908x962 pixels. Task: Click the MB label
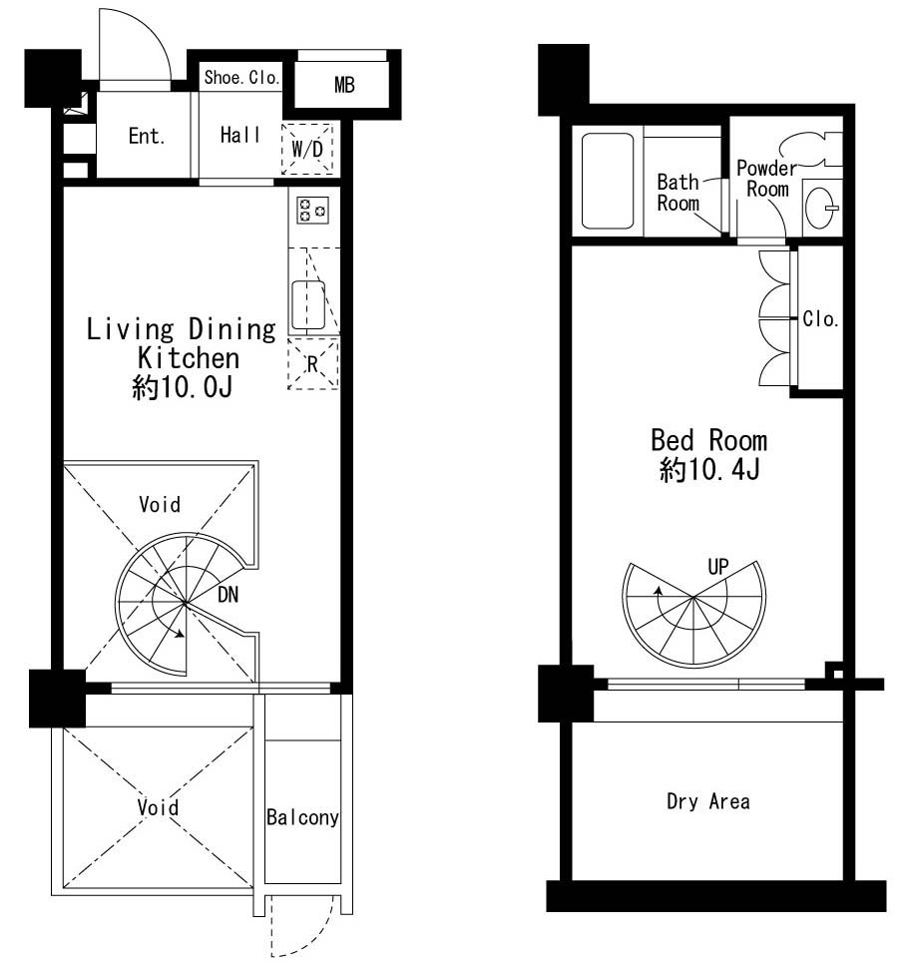click(x=344, y=85)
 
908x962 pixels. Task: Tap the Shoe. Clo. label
click(x=241, y=77)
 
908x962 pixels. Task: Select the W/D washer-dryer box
click(x=307, y=149)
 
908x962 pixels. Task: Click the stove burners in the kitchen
click(x=312, y=210)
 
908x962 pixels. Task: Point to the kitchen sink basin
click(x=308, y=305)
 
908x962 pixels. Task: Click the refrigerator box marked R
click(x=313, y=363)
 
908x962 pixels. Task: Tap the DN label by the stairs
click(x=227, y=595)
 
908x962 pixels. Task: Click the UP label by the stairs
click(x=718, y=567)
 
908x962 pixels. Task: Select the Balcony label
click(x=302, y=817)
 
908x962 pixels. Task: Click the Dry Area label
click(x=708, y=801)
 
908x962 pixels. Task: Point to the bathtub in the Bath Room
click(x=608, y=181)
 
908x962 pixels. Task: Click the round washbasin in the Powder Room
click(x=821, y=208)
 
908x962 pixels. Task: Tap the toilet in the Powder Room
click(x=811, y=149)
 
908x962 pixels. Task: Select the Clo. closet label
click(x=820, y=319)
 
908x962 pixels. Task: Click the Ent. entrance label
click(x=147, y=136)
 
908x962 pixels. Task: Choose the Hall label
click(x=239, y=135)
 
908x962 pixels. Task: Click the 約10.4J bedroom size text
click(x=709, y=470)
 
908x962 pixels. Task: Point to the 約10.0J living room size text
click(x=183, y=387)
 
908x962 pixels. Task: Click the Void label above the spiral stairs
click(x=160, y=504)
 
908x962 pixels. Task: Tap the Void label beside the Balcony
click(x=158, y=807)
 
